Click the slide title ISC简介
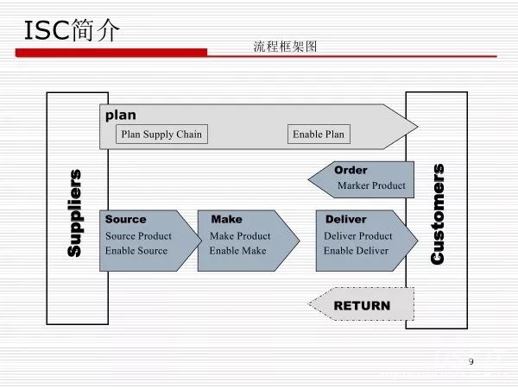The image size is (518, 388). click(x=72, y=30)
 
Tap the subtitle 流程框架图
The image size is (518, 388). click(x=286, y=47)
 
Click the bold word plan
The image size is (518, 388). click(x=121, y=115)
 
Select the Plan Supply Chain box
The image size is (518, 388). click(x=161, y=135)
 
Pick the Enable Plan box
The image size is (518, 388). click(x=319, y=135)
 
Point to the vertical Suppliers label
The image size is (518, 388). click(x=75, y=212)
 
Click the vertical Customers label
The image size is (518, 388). click(x=438, y=213)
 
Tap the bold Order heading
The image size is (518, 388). click(x=351, y=170)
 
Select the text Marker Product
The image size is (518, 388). click(x=371, y=185)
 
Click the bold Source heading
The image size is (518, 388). click(x=126, y=219)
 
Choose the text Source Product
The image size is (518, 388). click(x=138, y=235)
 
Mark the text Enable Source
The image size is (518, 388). click(x=136, y=250)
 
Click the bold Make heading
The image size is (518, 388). click(x=226, y=219)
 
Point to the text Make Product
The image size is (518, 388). click(x=240, y=235)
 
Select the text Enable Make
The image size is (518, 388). click(x=237, y=250)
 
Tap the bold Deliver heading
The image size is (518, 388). click(x=346, y=219)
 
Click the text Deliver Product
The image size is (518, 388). click(x=357, y=235)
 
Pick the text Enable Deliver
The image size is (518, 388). click(x=356, y=250)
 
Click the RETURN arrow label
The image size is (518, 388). click(x=362, y=305)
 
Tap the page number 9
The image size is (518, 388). click(x=471, y=360)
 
